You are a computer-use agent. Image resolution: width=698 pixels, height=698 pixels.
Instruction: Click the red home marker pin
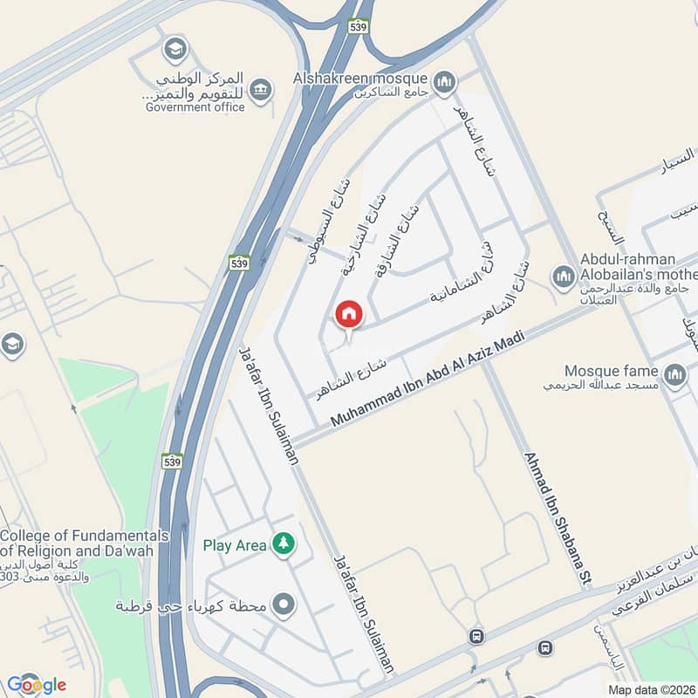[x=349, y=314]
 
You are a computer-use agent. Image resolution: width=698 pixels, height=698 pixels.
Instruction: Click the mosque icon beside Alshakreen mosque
[x=446, y=81]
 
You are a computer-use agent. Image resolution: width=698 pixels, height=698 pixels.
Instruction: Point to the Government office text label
[x=195, y=106]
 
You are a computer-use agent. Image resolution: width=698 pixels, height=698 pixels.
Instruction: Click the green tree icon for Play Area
[x=284, y=544]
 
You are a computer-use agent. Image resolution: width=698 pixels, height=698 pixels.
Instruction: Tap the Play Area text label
[x=235, y=545]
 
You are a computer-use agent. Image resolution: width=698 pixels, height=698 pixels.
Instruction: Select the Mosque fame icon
[x=674, y=376]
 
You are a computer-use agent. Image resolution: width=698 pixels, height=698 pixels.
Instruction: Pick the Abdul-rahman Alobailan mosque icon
[x=564, y=278]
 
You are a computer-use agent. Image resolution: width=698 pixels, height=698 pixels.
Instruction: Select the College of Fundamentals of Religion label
[x=85, y=543]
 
